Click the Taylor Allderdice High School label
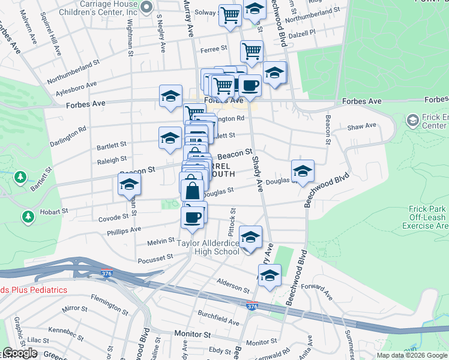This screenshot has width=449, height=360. tap(208, 247)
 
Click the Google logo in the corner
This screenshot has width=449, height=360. tap(20, 353)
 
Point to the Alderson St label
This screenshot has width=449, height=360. tap(233, 285)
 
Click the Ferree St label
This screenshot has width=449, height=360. tap(213, 49)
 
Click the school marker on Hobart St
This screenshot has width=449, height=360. tap(129, 186)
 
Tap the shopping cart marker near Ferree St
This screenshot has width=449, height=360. tap(252, 52)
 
